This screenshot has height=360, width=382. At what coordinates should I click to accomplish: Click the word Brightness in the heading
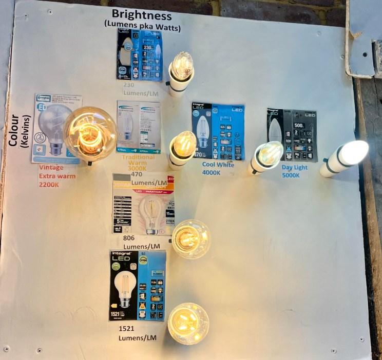142,15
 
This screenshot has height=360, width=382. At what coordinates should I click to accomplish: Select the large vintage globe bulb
90,133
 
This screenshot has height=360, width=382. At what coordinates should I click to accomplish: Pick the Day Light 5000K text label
295,171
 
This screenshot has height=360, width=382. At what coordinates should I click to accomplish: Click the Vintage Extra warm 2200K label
56,176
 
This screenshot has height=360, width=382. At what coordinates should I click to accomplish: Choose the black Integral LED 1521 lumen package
137,286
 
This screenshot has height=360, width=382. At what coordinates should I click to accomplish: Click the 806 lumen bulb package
143,204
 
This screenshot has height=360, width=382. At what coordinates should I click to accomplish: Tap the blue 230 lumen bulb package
139,55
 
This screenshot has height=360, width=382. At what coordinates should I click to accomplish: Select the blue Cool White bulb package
218,131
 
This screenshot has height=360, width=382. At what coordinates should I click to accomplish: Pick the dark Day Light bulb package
291,135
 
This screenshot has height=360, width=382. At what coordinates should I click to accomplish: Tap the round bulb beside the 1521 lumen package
188,323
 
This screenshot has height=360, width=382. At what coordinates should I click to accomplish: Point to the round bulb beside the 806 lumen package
190,238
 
